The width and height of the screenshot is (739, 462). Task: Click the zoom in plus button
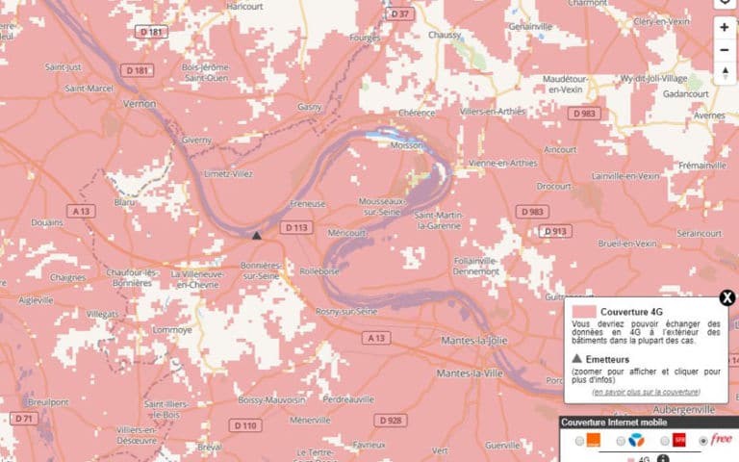pos(724,28)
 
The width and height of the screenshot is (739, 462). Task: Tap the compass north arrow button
pos(724,73)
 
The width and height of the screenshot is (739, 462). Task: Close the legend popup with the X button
pos(727,297)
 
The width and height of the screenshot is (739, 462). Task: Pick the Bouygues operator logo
pos(635,441)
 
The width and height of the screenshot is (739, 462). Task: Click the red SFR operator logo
pos(678,441)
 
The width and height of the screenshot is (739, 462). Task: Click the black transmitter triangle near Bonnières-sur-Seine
pos(256,234)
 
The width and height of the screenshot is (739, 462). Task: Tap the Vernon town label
pos(140,102)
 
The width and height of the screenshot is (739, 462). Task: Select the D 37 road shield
pos(398,13)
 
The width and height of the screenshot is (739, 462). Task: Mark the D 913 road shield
pos(554,231)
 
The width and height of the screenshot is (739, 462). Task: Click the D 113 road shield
pos(294,228)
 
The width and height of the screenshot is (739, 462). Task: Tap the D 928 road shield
pos(390,421)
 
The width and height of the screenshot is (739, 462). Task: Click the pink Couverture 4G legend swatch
pos(583,312)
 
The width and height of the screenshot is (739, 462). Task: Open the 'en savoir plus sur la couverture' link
pos(646,392)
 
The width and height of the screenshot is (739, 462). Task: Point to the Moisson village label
pos(406,145)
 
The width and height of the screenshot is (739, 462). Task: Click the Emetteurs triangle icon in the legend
pos(576,358)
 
